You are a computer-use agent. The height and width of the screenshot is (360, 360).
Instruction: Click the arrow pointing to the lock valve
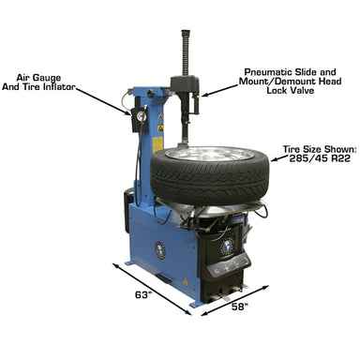click(220, 89)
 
